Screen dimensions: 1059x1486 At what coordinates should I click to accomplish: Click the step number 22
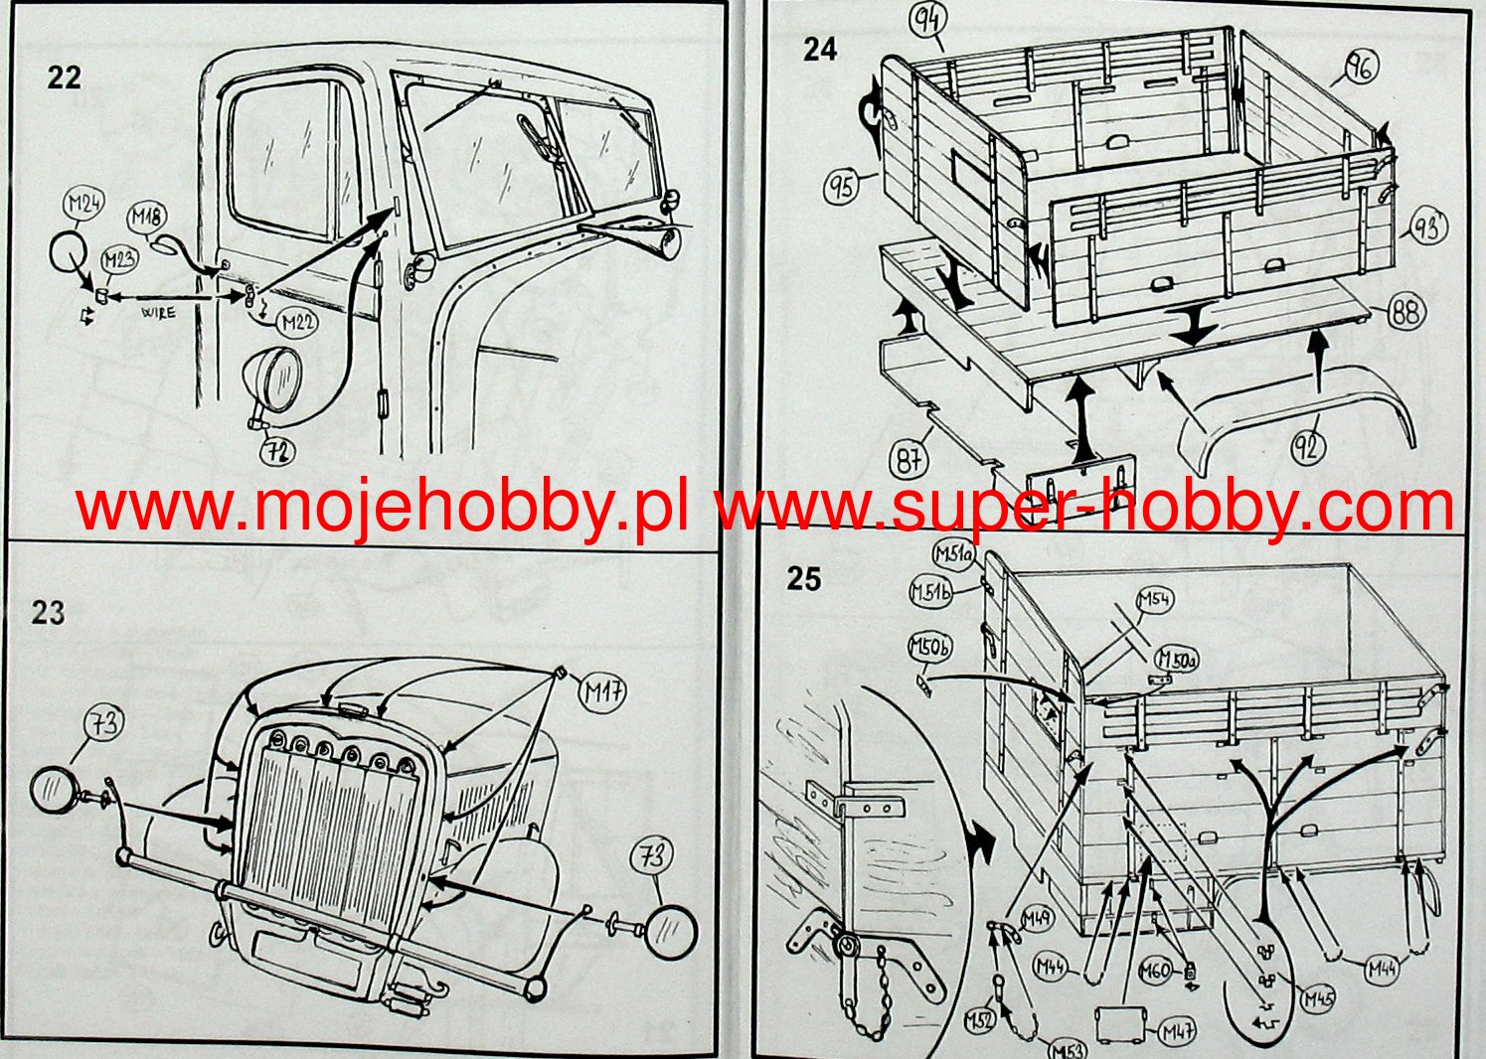[x=64, y=76]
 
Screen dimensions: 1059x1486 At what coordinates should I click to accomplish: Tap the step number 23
[x=48, y=612]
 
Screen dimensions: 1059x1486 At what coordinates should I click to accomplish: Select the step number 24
[x=820, y=50]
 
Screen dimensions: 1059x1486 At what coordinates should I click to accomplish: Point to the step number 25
[x=804, y=579]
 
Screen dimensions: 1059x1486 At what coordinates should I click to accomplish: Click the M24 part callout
[x=83, y=206]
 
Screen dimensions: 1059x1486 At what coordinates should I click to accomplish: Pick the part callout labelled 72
[x=277, y=452]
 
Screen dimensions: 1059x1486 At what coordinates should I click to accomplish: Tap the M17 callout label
[x=602, y=691]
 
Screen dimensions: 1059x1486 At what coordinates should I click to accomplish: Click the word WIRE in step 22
[x=158, y=312]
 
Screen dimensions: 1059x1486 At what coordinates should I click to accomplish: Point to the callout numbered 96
[x=1359, y=68]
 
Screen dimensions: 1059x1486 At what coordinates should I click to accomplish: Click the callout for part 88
[x=1403, y=313]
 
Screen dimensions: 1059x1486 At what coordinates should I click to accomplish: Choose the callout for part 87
[x=908, y=461]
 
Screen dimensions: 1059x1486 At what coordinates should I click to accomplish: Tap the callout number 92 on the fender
[x=1308, y=447]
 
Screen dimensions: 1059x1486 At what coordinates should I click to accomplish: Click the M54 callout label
[x=1153, y=599]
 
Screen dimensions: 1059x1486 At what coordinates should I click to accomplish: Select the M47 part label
[x=1176, y=1032]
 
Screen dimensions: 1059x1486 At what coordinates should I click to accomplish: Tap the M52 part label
[x=981, y=1020]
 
